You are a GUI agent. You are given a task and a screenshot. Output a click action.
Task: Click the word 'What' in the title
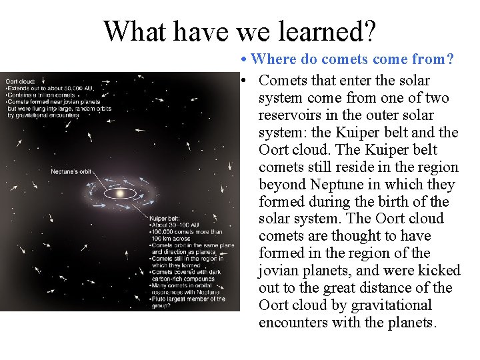coord(131,30)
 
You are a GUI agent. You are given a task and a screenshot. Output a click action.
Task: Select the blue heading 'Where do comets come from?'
coord(353,59)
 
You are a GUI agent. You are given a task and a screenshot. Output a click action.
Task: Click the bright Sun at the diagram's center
coord(120,193)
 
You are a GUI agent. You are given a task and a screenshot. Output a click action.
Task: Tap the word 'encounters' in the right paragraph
coord(292,323)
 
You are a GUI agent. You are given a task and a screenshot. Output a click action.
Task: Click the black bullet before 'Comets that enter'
coord(245,81)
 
